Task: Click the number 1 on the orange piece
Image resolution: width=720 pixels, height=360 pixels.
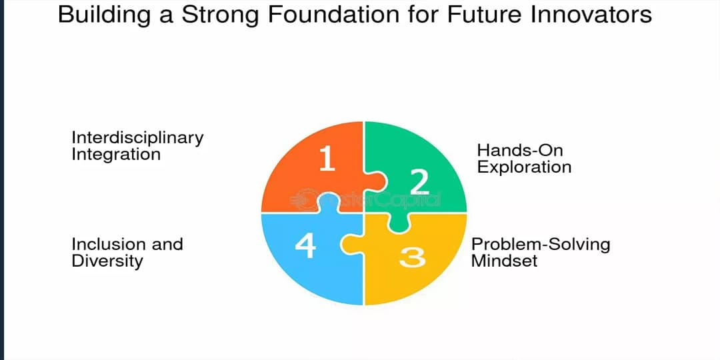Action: [x=327, y=159]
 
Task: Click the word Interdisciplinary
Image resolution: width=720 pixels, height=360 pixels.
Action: [x=137, y=138]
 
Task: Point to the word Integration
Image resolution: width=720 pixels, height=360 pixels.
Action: [x=116, y=155]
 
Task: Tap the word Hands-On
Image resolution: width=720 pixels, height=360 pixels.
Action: [x=520, y=150]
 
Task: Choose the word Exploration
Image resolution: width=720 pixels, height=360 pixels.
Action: [x=525, y=167]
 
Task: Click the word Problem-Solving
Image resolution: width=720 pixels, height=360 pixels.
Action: [x=541, y=244]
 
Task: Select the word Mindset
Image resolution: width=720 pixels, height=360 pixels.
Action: [x=504, y=261]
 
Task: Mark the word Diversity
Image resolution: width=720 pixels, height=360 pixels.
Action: [x=107, y=261]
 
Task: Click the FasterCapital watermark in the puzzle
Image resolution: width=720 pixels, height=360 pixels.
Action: [x=365, y=199]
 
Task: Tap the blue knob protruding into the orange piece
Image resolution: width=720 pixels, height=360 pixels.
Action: [x=329, y=203]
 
